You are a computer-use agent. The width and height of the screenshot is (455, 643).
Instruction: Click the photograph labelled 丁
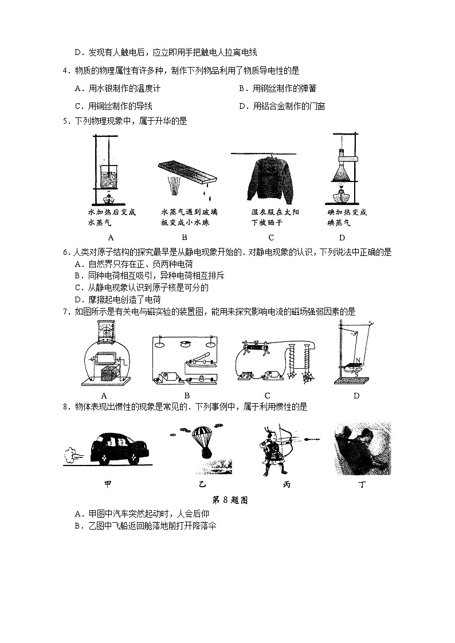pos(362,449)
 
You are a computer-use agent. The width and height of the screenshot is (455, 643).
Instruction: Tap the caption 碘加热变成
pos(347,212)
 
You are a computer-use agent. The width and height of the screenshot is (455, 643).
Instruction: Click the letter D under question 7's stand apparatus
pos(356,396)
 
